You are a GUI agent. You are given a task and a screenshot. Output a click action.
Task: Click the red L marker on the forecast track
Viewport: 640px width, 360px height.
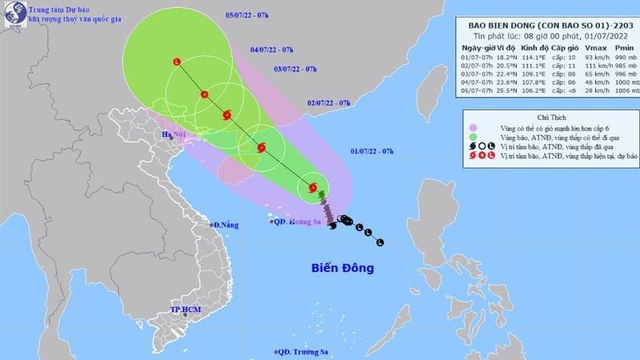tap(177, 62)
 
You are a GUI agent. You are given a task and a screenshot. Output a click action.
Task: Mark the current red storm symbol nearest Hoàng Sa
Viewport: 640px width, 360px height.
tap(312, 189)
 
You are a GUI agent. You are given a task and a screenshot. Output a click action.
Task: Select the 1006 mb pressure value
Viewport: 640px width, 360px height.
tap(614, 89)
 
